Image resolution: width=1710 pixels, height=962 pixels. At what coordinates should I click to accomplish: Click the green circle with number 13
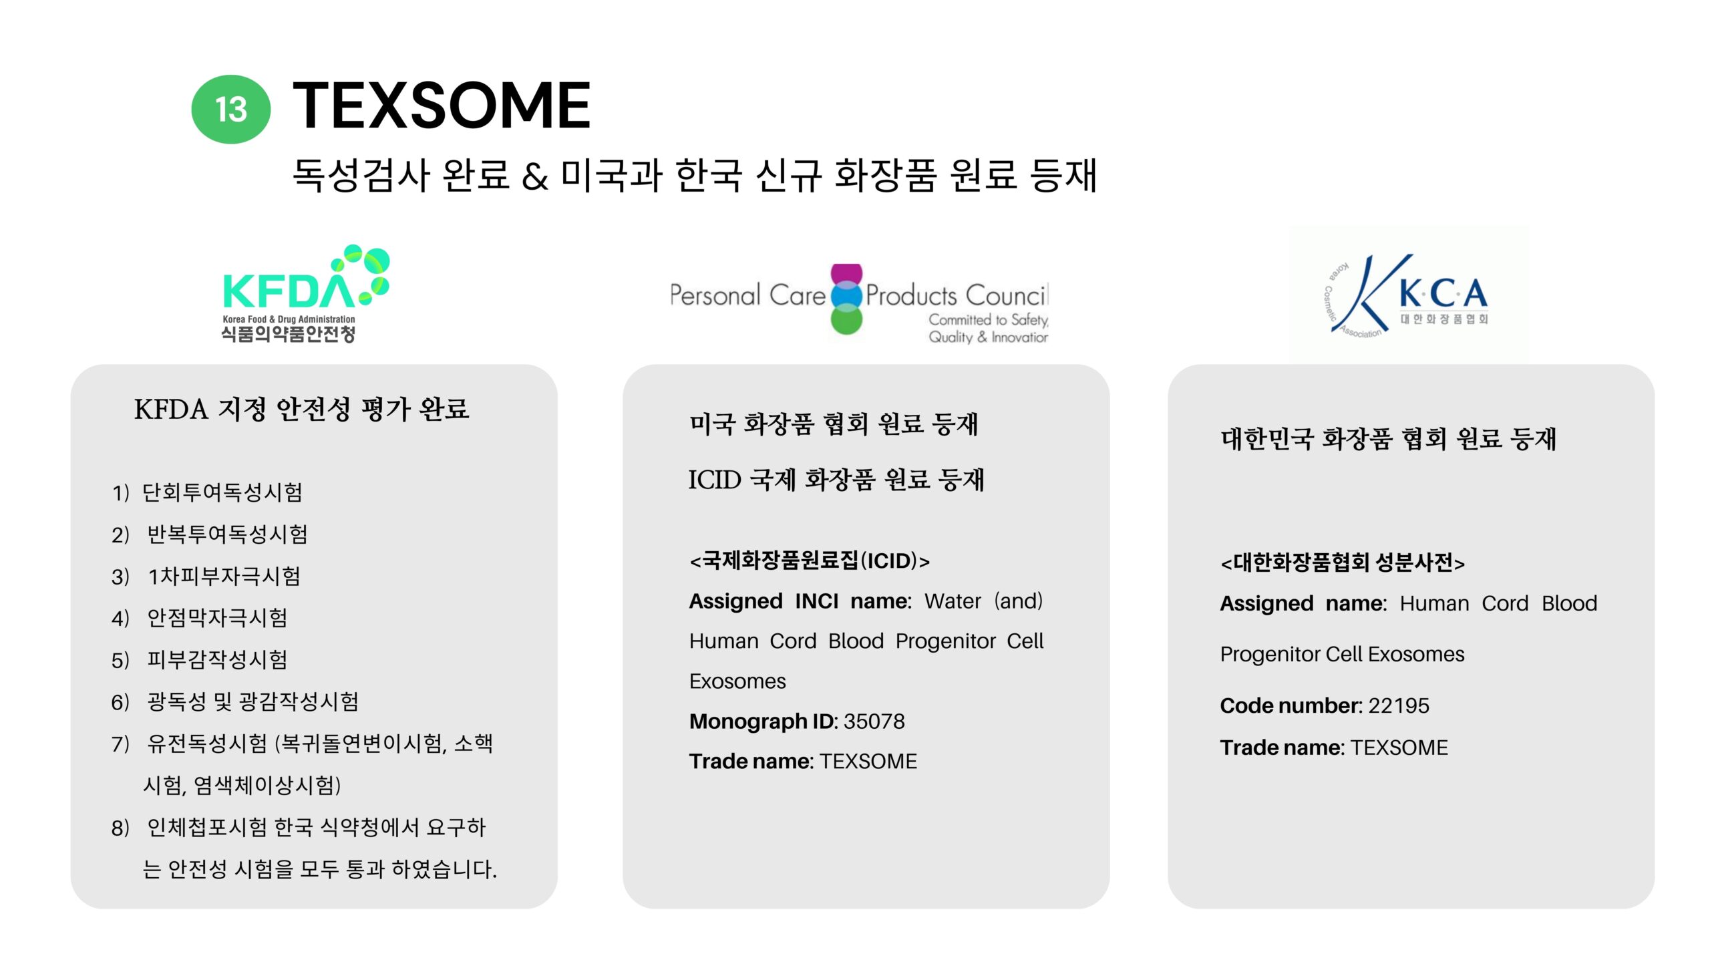coord(230,109)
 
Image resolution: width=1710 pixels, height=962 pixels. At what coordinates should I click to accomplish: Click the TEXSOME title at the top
coord(442,105)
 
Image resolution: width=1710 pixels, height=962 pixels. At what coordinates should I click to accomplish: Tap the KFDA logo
coord(305,294)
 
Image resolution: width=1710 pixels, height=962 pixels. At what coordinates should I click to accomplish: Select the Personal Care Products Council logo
coord(859,304)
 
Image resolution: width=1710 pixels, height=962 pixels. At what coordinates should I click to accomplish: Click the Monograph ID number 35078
coord(874,721)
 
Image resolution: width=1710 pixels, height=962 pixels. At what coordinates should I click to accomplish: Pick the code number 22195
coord(1399,705)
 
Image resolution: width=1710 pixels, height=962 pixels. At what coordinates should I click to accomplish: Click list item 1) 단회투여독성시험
coord(207,492)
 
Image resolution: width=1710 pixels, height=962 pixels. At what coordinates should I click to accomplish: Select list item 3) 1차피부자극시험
coord(206,576)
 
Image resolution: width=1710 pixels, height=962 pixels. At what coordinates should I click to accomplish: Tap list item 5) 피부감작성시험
coord(199,659)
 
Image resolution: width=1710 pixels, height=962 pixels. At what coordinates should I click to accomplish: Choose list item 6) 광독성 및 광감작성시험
coord(235,701)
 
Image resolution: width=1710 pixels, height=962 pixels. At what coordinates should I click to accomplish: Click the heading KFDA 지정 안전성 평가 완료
coord(301,409)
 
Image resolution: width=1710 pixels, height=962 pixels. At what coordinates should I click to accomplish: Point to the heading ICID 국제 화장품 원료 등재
coord(836,479)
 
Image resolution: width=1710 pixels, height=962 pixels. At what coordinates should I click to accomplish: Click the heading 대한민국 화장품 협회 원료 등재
coord(1389,439)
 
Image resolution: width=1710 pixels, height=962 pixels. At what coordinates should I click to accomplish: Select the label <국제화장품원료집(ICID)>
coord(810,560)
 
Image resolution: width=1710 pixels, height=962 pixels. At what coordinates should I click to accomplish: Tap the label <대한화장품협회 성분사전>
coord(1343,563)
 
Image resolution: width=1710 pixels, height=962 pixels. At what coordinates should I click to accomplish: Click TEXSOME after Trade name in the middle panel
coord(868,762)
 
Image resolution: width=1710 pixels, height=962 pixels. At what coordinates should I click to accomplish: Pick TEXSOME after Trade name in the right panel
coord(1399,748)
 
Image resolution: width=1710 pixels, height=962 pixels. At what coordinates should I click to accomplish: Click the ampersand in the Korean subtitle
coord(535,176)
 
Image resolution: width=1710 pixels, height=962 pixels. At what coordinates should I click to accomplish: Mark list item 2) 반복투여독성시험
coord(210,534)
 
